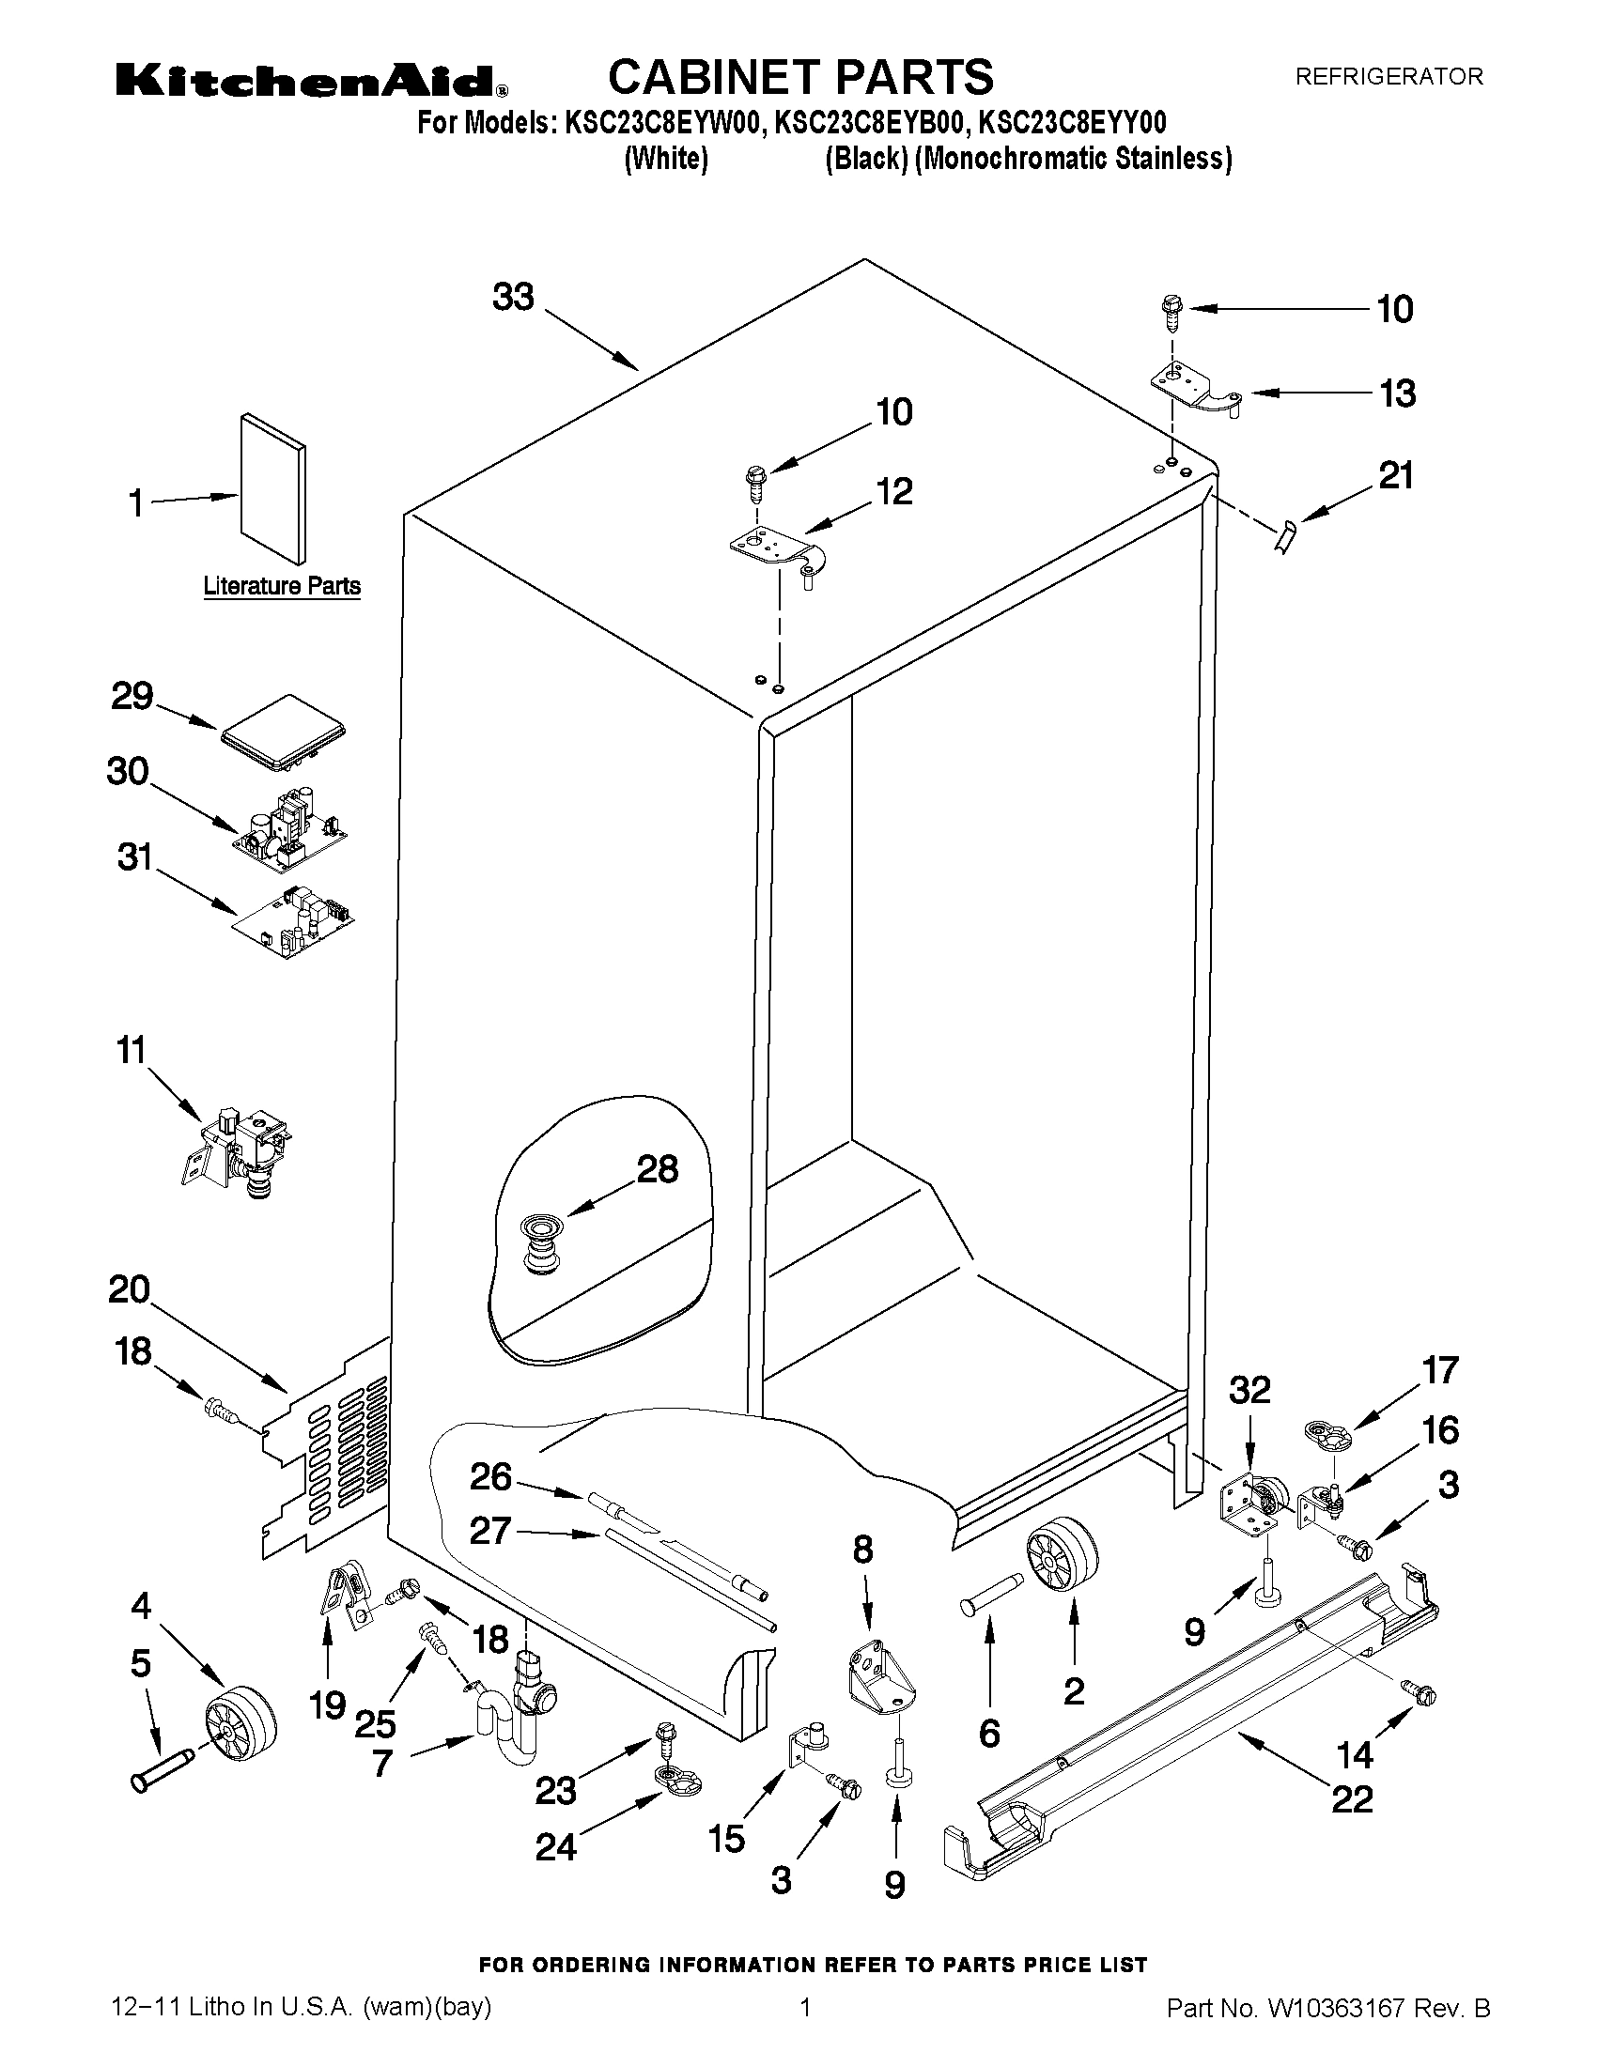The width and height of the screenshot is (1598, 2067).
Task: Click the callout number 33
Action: click(513, 297)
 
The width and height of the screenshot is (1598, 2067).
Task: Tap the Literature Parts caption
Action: click(282, 586)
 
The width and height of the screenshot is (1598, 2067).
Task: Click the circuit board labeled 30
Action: click(290, 827)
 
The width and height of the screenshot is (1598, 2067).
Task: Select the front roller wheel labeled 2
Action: click(1062, 1560)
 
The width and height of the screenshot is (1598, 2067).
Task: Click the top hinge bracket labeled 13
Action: click(1195, 390)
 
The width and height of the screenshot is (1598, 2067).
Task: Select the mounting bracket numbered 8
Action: click(879, 1682)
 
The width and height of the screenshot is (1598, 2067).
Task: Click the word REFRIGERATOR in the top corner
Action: click(1388, 77)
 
